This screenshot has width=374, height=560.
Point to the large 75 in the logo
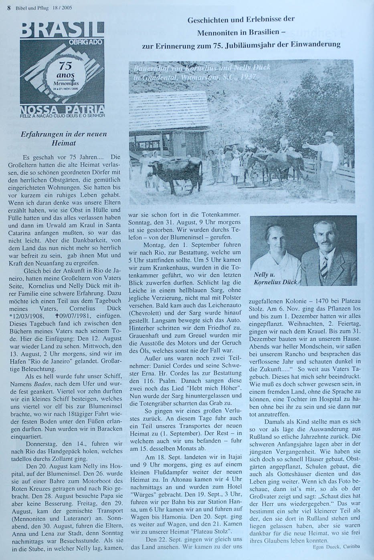point(65,66)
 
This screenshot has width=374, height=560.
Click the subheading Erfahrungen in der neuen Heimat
point(64,138)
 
